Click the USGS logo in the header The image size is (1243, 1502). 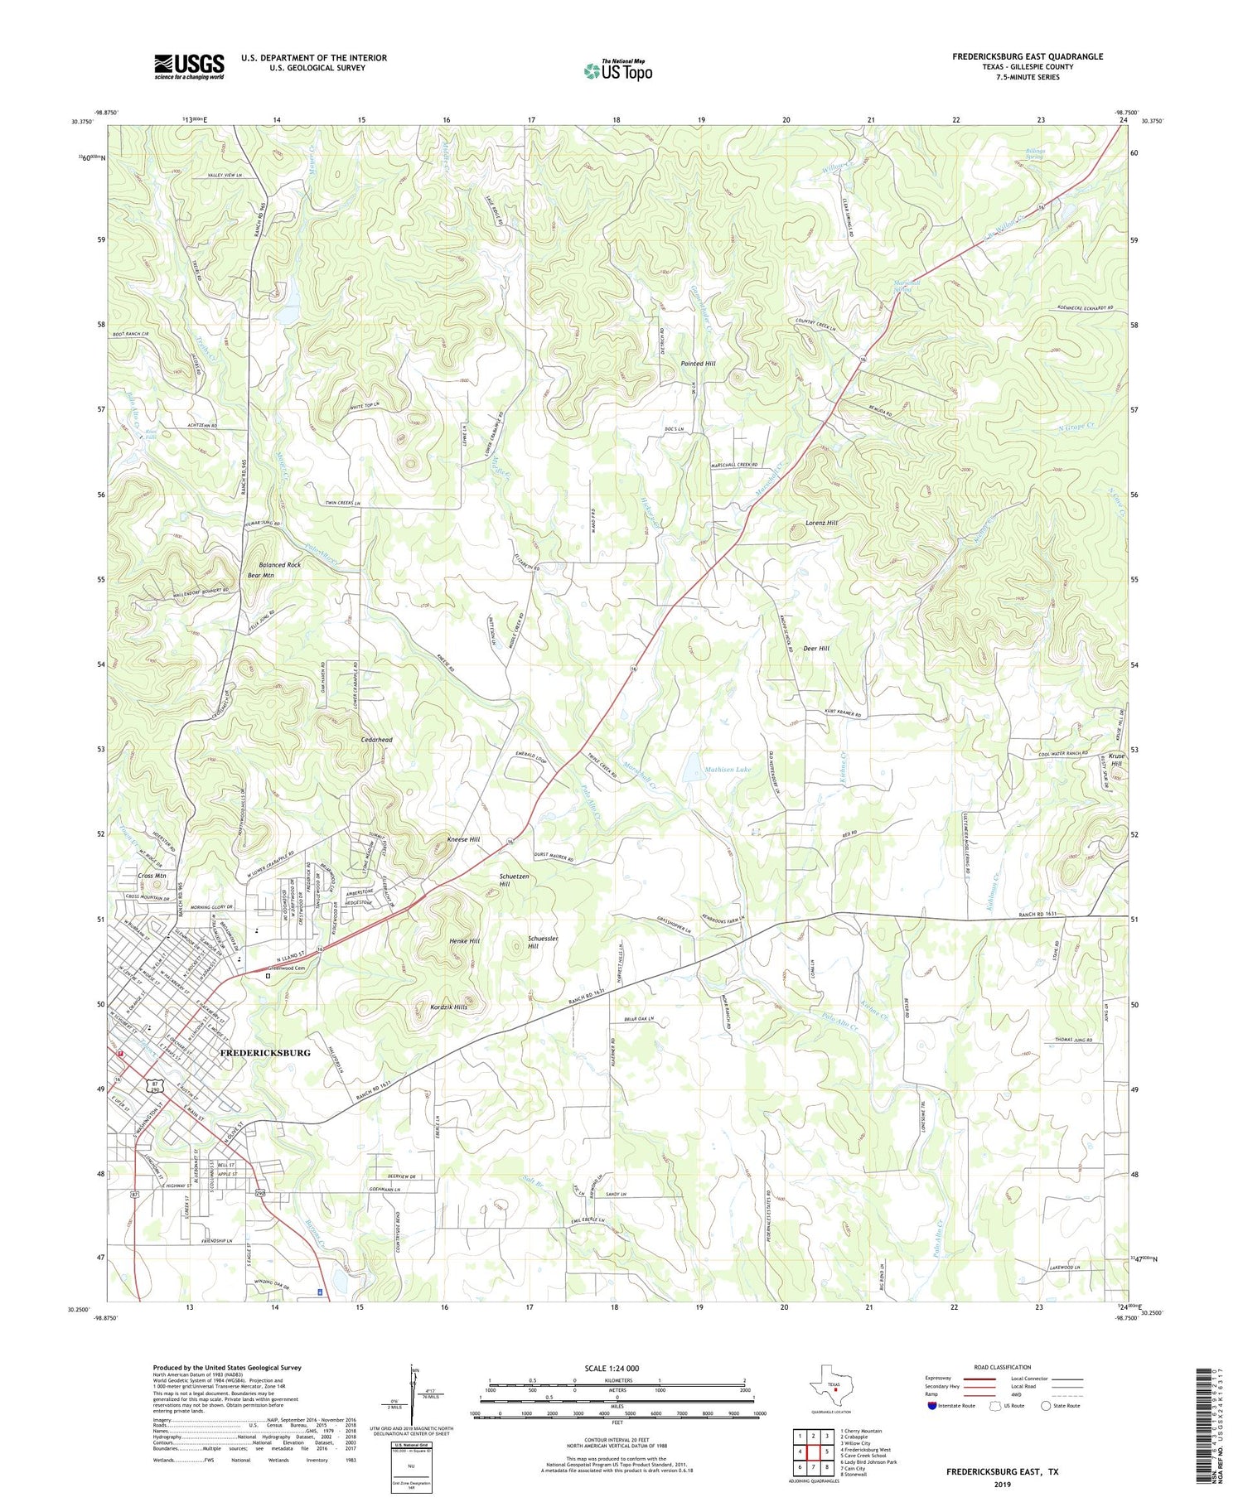coord(189,66)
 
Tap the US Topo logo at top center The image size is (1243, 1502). coord(618,70)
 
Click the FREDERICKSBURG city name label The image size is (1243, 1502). coord(265,1052)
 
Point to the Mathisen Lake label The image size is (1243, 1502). coord(728,770)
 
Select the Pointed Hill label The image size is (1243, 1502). coord(698,364)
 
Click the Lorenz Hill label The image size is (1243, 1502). coord(821,523)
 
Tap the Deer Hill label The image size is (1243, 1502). coord(816,649)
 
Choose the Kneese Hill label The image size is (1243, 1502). coord(463,839)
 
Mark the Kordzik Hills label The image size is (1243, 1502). coord(449,1007)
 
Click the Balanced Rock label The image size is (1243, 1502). coord(280,564)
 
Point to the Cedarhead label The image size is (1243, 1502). coord(376,740)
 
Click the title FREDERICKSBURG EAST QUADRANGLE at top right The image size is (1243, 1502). coord(1027,56)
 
